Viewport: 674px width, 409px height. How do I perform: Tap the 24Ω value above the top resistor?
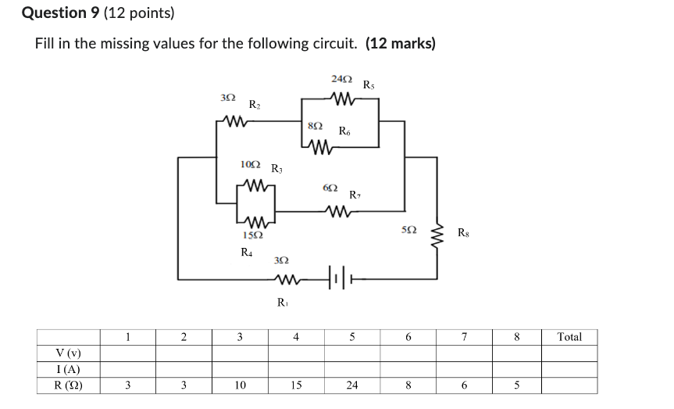[341, 80]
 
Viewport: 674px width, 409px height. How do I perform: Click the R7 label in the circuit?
[355, 194]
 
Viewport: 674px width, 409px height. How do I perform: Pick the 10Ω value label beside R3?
[251, 165]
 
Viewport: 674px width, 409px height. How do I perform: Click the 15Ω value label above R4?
[251, 235]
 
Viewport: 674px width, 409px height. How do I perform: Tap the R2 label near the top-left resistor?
[255, 104]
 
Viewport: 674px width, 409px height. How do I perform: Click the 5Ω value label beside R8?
[408, 231]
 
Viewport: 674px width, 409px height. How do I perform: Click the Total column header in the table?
[569, 337]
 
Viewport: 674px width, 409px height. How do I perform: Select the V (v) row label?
[69, 353]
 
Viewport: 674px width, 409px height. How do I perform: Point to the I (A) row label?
[69, 370]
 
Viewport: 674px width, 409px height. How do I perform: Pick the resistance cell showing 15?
[296, 386]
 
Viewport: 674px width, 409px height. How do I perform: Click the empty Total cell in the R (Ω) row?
[569, 386]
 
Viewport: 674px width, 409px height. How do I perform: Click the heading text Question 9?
[55, 13]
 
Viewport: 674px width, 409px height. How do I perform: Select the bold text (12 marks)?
[401, 43]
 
